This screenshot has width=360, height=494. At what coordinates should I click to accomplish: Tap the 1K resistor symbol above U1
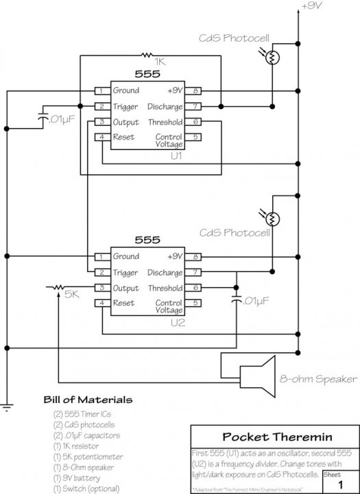click(145, 54)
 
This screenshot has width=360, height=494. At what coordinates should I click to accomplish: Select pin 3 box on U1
click(101, 122)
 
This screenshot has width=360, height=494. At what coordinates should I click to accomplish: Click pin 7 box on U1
click(195, 106)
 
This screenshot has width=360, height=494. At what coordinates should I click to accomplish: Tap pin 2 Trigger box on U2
click(101, 273)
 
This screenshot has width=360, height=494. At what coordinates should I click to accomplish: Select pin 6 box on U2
click(195, 288)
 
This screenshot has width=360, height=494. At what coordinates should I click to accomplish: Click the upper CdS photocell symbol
click(272, 58)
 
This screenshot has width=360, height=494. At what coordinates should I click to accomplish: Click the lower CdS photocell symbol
click(272, 219)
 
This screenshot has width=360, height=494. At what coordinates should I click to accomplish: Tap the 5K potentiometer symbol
click(58, 288)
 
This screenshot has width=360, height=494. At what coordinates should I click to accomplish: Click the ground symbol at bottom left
click(7, 409)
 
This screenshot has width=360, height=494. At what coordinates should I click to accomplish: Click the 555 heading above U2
click(147, 240)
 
